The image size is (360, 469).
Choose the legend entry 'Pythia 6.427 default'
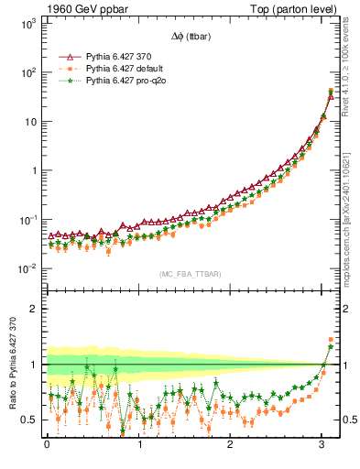click(x=124, y=69)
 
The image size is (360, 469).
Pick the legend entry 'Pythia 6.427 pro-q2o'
click(x=125, y=81)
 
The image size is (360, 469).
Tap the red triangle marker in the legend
click(x=64, y=57)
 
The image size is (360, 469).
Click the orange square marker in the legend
click(x=64, y=69)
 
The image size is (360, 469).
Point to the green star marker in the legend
click(x=64, y=81)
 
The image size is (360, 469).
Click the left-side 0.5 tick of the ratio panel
click(x=30, y=420)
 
